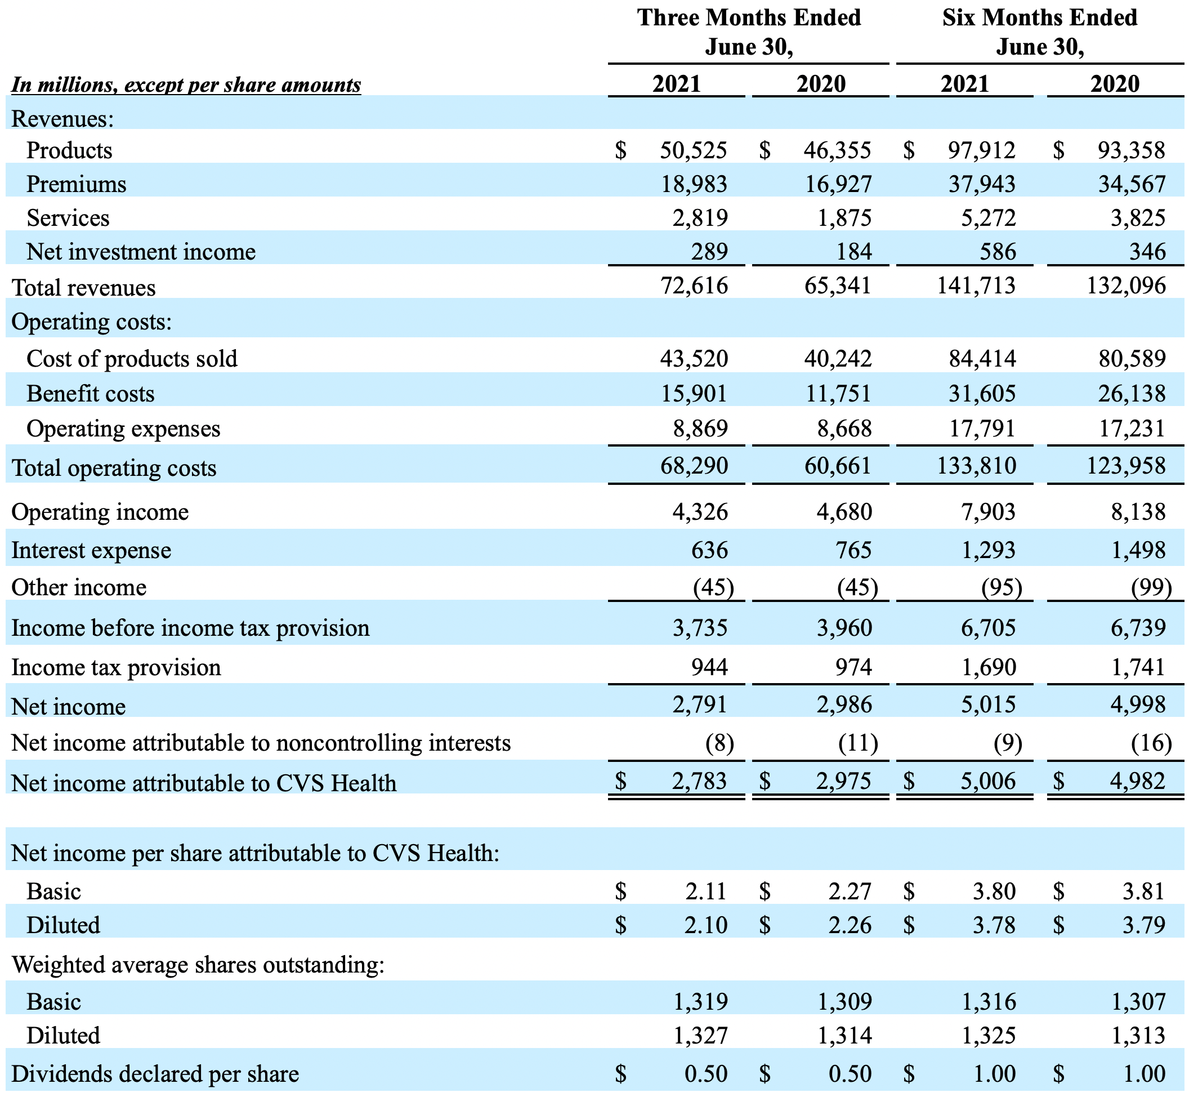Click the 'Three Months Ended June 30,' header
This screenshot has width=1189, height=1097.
(x=749, y=32)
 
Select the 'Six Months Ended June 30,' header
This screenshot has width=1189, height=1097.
(x=1039, y=32)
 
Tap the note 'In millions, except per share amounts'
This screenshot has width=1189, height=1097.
(x=186, y=85)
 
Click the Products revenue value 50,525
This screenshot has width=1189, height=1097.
(x=694, y=150)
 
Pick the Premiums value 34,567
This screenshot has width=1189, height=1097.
(x=1132, y=184)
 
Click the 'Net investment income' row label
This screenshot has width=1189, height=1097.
(x=141, y=252)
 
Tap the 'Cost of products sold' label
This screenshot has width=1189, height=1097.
(x=132, y=359)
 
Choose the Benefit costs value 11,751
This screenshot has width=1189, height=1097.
(x=838, y=394)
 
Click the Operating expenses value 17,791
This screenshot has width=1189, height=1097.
(x=982, y=428)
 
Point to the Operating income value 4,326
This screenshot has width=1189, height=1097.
(x=700, y=512)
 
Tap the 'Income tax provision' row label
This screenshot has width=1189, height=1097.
(x=117, y=667)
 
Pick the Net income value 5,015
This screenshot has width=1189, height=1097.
(x=989, y=704)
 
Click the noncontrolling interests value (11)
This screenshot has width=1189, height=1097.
(x=858, y=743)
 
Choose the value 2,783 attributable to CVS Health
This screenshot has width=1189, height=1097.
(x=700, y=781)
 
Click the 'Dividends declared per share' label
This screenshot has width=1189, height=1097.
(x=155, y=1074)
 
